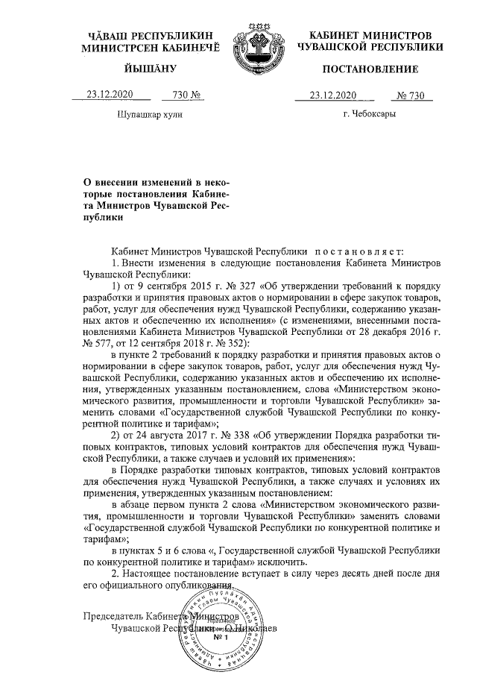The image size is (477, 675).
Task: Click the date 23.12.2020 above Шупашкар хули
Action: click(x=110, y=95)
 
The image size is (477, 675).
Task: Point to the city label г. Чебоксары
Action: click(x=370, y=115)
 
